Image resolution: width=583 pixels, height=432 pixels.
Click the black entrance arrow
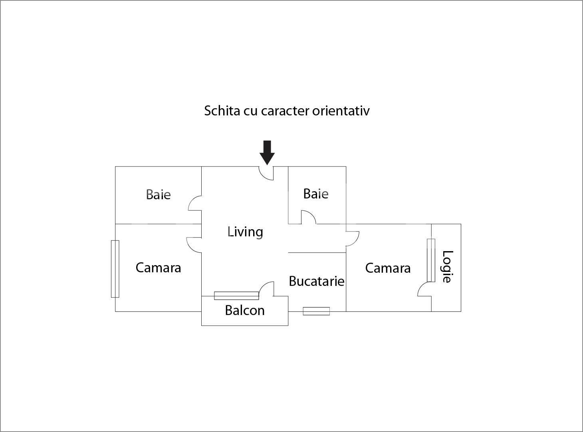(267, 152)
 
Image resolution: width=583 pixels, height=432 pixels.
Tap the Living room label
(245, 232)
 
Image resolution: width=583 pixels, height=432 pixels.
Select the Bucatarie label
(316, 281)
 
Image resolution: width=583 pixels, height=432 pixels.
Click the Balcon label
(244, 310)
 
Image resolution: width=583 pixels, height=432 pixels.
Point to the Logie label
(447, 266)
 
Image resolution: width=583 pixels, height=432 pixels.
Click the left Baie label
(158, 194)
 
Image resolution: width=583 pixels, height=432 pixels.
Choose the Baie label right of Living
(315, 194)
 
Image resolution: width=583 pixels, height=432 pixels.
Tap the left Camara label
(158, 268)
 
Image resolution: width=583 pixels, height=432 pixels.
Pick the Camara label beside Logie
(388, 268)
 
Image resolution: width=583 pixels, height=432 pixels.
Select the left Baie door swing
(195, 203)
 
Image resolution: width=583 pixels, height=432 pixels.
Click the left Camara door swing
(194, 244)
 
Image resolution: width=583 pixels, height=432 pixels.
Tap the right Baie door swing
(308, 217)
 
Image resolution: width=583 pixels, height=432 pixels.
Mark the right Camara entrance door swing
(352, 238)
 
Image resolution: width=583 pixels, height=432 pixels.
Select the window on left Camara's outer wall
(115, 269)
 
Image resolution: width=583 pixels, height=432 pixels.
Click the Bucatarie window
(316, 311)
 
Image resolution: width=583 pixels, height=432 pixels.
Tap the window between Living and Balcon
(236, 296)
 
